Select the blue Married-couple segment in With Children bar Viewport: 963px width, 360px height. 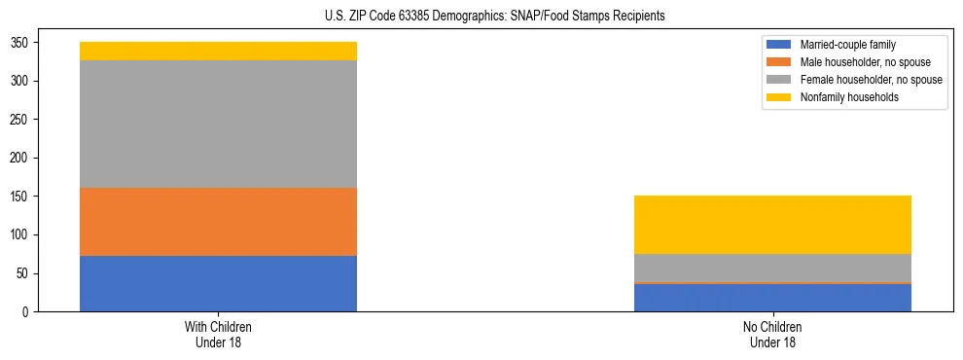tap(218, 283)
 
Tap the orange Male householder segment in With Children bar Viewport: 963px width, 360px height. tap(218, 221)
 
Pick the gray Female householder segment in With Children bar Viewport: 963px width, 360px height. tap(218, 124)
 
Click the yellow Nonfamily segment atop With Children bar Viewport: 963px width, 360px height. tap(218, 51)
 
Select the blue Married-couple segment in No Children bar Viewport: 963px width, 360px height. tap(772, 298)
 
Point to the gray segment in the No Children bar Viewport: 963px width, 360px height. tap(772, 268)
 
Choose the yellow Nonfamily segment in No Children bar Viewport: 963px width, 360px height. tap(772, 225)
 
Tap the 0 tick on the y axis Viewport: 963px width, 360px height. tap(27, 312)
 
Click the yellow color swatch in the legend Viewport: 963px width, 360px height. tap(779, 97)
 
